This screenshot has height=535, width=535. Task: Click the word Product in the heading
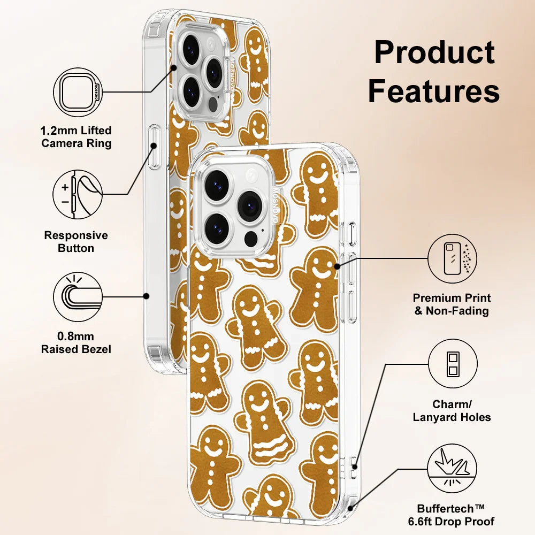(x=434, y=52)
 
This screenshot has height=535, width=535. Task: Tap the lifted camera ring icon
(x=78, y=92)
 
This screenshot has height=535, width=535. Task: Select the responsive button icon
(x=78, y=194)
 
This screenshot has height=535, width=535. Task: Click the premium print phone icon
(x=453, y=259)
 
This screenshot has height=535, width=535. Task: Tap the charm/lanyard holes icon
(x=453, y=364)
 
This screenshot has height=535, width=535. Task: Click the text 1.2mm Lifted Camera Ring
(x=77, y=137)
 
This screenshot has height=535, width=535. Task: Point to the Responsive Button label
(x=76, y=242)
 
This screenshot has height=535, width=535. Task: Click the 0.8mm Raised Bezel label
(x=77, y=343)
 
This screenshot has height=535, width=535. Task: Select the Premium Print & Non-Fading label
(x=452, y=304)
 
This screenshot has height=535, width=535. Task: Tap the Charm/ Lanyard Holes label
(x=452, y=411)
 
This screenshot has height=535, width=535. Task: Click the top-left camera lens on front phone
(x=216, y=185)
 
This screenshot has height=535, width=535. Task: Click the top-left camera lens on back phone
(x=190, y=49)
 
